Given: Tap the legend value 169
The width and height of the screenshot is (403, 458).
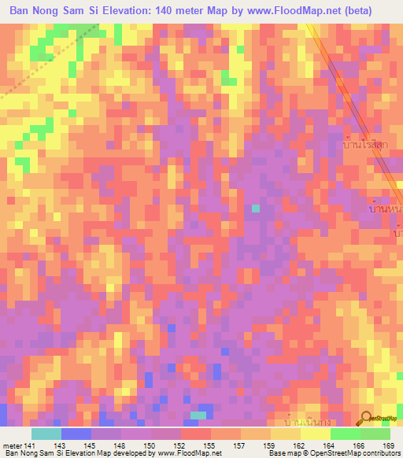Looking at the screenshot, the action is point(386,445).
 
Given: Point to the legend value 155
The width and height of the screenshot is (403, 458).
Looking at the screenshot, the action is point(208,445).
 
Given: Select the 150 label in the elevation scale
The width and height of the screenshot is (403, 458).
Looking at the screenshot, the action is point(148,445).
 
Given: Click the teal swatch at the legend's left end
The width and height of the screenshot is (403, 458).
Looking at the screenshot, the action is point(46,434).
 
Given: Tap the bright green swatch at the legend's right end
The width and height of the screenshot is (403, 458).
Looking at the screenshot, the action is point(375,434).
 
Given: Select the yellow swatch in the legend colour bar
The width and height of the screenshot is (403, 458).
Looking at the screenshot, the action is point(315,434).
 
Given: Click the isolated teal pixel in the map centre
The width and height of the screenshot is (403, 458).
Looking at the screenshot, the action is point(254,208).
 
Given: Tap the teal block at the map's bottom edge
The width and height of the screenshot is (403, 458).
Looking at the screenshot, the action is point(199,415).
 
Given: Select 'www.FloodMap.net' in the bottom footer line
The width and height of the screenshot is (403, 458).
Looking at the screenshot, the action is point(188,453).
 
